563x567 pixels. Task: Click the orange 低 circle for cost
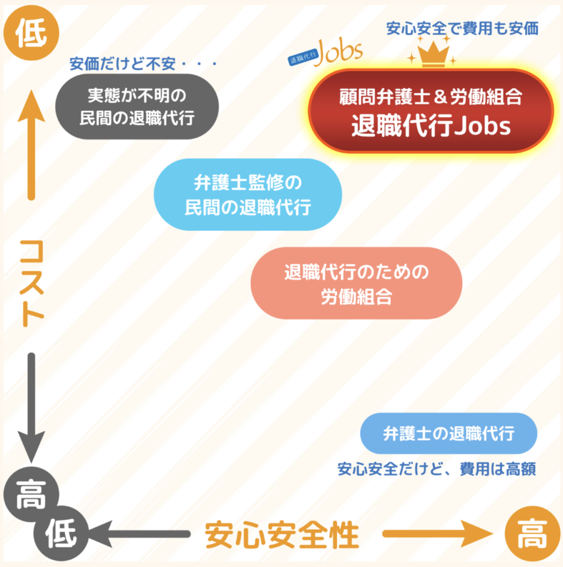click(x=31, y=33)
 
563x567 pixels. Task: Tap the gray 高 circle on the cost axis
click(x=31, y=494)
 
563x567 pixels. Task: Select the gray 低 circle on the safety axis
click(x=61, y=533)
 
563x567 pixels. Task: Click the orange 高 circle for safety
click(x=532, y=533)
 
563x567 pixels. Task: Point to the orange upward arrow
click(x=32, y=145)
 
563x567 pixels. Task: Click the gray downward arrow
click(x=32, y=408)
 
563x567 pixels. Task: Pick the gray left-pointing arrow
click(x=139, y=534)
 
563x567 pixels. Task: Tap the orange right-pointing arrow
click(x=438, y=534)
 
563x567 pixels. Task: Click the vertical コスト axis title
click(x=32, y=283)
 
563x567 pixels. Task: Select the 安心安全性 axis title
click(x=282, y=535)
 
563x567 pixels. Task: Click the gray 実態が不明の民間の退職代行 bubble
click(x=137, y=107)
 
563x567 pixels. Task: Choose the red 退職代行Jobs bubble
click(x=431, y=111)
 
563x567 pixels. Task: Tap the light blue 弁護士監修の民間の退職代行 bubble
click(x=248, y=194)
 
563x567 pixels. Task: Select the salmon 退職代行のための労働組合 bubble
click(x=356, y=283)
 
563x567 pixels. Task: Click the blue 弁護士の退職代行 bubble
click(x=449, y=433)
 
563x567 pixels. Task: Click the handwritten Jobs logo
click(x=326, y=54)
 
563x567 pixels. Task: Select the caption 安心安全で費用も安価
click(x=462, y=29)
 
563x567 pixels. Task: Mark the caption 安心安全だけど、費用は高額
click(x=437, y=469)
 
